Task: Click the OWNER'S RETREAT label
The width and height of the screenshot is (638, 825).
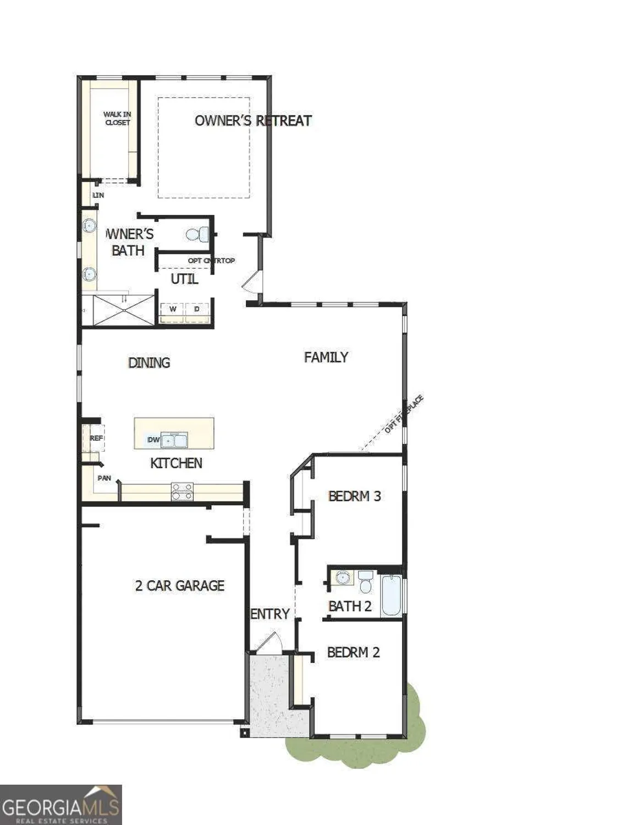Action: (x=253, y=121)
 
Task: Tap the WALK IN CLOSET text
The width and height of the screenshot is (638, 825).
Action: (x=117, y=119)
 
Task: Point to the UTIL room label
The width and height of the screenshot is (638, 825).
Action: (x=184, y=279)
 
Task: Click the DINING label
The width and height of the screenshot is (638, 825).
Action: (x=149, y=363)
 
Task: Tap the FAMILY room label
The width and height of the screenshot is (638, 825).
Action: (x=326, y=358)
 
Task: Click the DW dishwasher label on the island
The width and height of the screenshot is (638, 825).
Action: (x=153, y=440)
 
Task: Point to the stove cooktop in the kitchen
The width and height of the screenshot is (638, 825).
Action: (x=182, y=492)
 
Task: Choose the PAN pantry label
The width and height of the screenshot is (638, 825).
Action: (x=104, y=479)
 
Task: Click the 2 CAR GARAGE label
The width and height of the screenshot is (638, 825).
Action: (x=180, y=586)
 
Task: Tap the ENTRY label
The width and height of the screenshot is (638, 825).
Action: (x=270, y=614)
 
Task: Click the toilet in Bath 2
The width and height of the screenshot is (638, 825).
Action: (x=366, y=582)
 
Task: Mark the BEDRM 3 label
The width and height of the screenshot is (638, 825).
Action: (x=355, y=496)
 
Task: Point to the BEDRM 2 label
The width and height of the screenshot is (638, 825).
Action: (x=353, y=652)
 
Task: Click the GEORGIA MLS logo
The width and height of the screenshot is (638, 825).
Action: (x=61, y=805)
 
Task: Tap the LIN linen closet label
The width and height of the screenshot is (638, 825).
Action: (x=98, y=195)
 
